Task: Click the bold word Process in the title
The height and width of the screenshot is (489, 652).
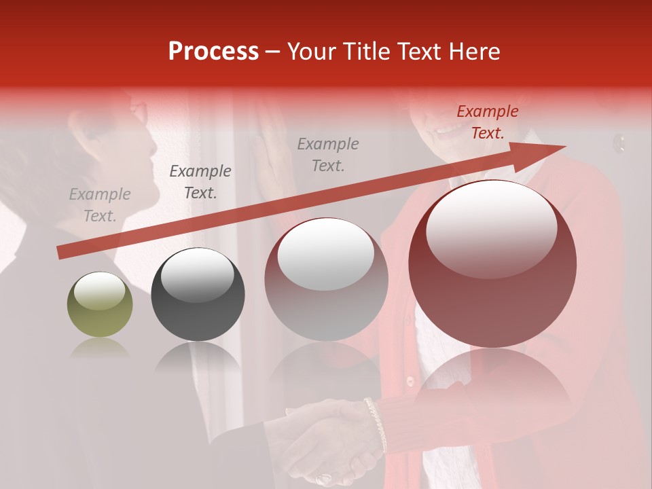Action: [x=213, y=52]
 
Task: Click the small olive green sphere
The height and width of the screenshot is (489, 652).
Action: [x=100, y=304]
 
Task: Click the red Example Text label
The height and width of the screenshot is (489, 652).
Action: [x=487, y=122]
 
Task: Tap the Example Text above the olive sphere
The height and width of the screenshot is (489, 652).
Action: [x=100, y=205]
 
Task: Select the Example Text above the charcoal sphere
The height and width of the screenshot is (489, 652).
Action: [x=200, y=182]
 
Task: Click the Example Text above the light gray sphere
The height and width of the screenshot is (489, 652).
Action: [x=328, y=154]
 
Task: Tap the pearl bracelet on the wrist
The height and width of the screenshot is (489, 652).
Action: [x=376, y=424]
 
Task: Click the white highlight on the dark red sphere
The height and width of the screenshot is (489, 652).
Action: [x=491, y=230]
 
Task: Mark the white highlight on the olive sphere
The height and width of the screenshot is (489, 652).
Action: [x=99, y=290]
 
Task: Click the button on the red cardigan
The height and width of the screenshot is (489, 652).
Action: [x=410, y=381]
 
